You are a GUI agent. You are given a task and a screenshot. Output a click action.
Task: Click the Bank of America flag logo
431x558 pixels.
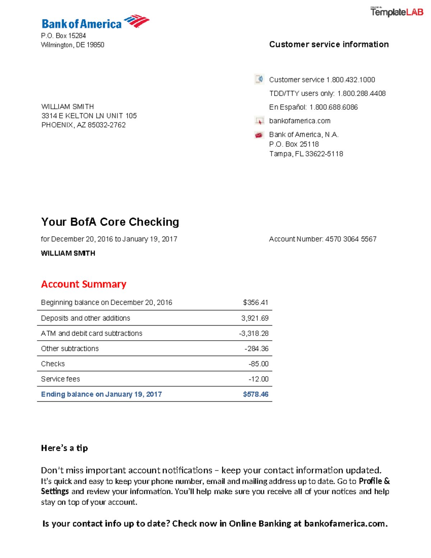click(136, 21)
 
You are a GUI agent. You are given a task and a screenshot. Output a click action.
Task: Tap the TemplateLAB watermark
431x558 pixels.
click(397, 12)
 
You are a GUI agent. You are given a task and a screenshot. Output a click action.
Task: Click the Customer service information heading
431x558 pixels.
click(329, 44)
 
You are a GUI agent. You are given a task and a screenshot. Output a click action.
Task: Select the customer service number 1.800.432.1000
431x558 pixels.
click(351, 80)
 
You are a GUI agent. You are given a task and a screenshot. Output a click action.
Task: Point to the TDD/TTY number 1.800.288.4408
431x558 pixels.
click(361, 93)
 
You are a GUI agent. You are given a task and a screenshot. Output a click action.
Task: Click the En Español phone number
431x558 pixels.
click(334, 107)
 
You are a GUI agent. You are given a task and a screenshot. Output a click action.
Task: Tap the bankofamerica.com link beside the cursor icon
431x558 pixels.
click(300, 121)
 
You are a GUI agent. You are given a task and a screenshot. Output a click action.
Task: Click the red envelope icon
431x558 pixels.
click(259, 135)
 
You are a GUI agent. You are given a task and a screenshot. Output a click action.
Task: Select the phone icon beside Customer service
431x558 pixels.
click(259, 79)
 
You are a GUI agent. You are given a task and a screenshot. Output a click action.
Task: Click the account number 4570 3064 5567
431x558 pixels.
click(351, 239)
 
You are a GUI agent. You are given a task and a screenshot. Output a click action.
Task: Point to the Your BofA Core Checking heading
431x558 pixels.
click(110, 222)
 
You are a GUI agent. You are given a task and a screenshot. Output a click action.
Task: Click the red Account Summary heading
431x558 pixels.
click(84, 284)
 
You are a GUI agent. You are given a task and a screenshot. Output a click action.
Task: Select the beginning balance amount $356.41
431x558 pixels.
click(255, 303)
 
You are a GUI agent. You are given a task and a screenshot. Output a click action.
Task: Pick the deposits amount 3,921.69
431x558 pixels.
click(255, 318)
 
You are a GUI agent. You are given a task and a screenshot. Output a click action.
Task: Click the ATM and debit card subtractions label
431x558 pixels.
click(92, 333)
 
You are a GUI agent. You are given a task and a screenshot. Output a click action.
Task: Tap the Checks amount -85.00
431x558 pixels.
click(258, 364)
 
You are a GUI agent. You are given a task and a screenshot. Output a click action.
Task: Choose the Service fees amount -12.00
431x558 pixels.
click(258, 379)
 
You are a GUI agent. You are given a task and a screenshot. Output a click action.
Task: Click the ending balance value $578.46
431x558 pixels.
click(255, 394)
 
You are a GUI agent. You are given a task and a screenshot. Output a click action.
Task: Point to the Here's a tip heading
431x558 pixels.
click(64, 448)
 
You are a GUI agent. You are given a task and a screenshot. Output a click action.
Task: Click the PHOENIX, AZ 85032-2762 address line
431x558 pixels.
click(83, 125)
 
